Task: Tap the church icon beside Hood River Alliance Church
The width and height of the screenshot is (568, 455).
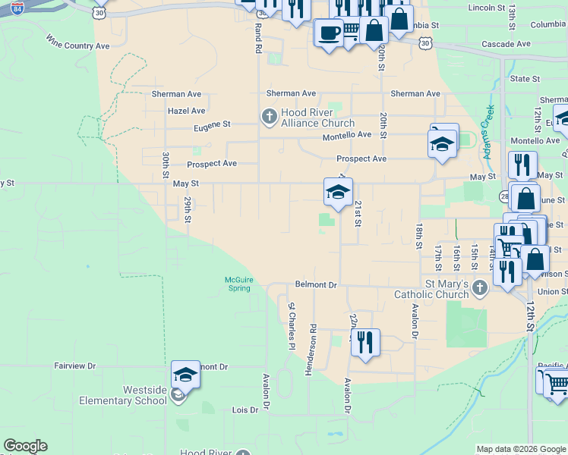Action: click(x=268, y=116)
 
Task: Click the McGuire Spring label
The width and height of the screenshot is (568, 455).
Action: click(x=238, y=284)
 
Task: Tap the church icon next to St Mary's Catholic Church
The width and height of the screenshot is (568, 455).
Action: click(x=479, y=287)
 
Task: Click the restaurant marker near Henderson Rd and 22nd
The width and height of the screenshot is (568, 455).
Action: click(x=365, y=342)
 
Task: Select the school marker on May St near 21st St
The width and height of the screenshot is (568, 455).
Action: click(x=338, y=192)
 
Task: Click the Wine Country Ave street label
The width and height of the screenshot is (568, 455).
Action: click(x=77, y=41)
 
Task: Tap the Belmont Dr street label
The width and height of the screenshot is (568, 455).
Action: click(x=316, y=284)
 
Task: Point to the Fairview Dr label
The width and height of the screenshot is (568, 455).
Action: click(x=75, y=366)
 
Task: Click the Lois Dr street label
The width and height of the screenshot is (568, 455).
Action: click(x=244, y=409)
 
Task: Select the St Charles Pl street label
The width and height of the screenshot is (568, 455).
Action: click(x=291, y=326)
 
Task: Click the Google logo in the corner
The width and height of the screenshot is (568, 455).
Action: click(x=25, y=446)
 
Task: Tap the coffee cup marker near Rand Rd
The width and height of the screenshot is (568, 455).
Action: click(x=328, y=33)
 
